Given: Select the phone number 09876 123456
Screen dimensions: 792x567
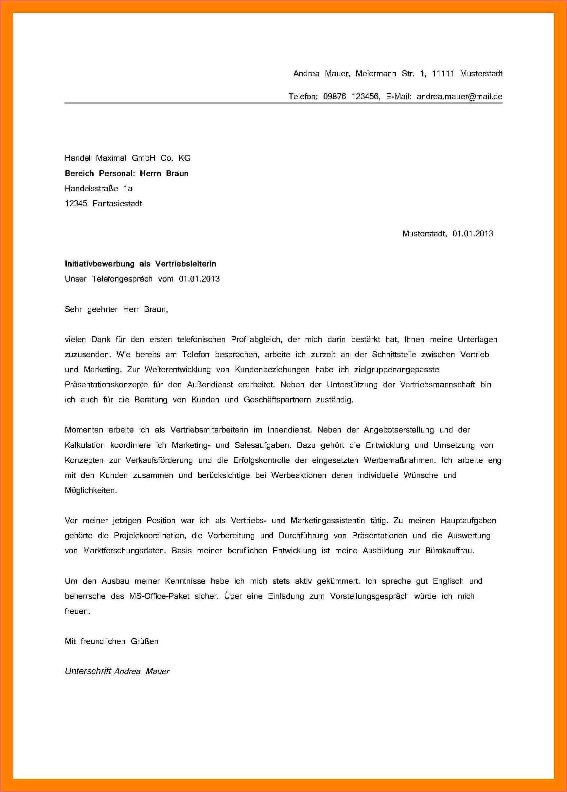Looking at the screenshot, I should [351, 97].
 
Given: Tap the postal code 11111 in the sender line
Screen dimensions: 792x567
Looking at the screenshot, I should [443, 74].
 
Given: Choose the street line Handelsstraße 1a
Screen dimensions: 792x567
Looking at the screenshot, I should [98, 189].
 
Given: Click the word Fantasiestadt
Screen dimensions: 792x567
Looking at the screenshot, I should [117, 204].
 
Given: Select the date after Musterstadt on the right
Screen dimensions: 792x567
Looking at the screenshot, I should [472, 234].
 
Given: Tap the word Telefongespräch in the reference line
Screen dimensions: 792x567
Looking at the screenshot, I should [122, 279].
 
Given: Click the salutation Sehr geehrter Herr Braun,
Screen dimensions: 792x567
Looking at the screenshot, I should [116, 309].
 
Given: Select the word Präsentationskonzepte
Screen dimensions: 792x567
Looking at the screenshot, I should [106, 385].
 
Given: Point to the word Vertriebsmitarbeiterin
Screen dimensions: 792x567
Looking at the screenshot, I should [209, 430].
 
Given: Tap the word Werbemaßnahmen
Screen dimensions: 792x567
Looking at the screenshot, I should [399, 460].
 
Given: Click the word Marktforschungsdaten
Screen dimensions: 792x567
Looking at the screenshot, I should [125, 551].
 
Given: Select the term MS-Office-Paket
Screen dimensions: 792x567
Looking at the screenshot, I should [159, 596].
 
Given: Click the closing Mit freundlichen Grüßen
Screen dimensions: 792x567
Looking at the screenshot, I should [112, 641].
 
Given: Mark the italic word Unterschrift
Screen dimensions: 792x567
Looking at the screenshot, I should [88, 671].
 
